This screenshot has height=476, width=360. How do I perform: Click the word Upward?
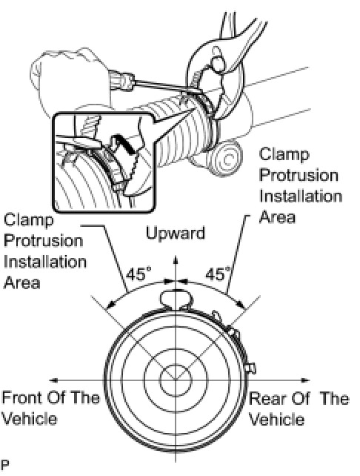pyautogui.click(x=176, y=233)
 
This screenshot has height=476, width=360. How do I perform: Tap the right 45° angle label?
pyautogui.click(x=218, y=274)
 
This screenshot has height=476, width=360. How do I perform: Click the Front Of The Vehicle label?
pyautogui.click(x=50, y=409)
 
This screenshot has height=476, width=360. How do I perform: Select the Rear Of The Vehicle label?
pyautogui.click(x=299, y=409)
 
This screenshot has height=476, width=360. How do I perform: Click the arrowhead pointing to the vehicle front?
pyautogui.click(x=53, y=380)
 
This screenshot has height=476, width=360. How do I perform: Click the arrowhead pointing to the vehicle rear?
pyautogui.click(x=304, y=380)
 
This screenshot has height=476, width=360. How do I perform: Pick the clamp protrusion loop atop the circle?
pyautogui.click(x=176, y=300)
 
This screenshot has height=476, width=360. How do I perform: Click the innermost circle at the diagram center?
pyautogui.click(x=176, y=380)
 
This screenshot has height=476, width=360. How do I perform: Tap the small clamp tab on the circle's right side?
pyautogui.click(x=251, y=368)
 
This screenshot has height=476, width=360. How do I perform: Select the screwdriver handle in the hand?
pyautogui.click(x=121, y=80)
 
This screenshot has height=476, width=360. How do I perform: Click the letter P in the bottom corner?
pyautogui.click(x=5, y=464)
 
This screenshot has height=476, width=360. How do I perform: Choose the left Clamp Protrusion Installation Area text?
pyautogui.click(x=44, y=251)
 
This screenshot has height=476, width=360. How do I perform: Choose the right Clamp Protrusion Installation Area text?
pyautogui.click(x=300, y=185)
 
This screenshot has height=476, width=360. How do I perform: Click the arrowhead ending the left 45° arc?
pyautogui.click(x=112, y=304)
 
